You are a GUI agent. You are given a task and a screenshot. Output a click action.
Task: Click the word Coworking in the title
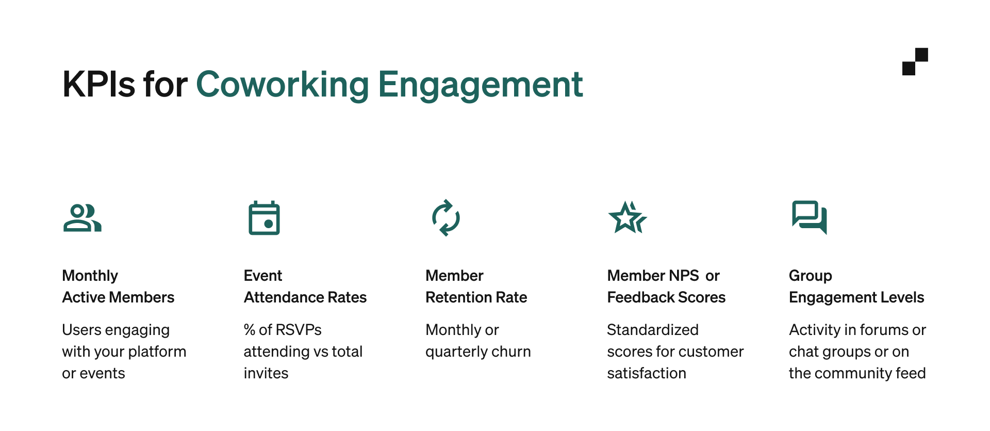click(282, 85)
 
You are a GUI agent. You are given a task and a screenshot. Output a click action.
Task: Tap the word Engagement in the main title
click(480, 85)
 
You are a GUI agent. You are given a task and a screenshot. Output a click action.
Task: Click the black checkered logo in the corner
click(915, 61)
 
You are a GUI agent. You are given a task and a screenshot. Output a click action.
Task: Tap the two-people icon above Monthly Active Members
click(82, 218)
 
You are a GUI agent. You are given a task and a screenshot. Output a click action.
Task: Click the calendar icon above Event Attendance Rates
click(264, 218)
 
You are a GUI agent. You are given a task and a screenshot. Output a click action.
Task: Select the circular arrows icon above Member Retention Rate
click(445, 218)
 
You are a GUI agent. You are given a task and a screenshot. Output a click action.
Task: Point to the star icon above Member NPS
click(627, 218)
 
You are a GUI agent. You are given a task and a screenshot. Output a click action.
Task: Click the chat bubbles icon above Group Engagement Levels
click(809, 217)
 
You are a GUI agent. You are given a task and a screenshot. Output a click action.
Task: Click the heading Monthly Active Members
click(118, 286)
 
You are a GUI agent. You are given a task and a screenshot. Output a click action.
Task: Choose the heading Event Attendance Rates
click(305, 286)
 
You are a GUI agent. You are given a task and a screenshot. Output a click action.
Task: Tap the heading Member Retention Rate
click(476, 286)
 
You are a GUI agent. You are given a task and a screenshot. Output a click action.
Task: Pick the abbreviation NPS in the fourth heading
click(683, 276)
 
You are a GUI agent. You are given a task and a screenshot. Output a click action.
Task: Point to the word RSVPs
click(299, 330)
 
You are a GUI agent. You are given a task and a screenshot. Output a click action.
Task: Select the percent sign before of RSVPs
click(250, 330)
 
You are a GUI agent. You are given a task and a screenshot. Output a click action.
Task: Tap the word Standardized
click(653, 330)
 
